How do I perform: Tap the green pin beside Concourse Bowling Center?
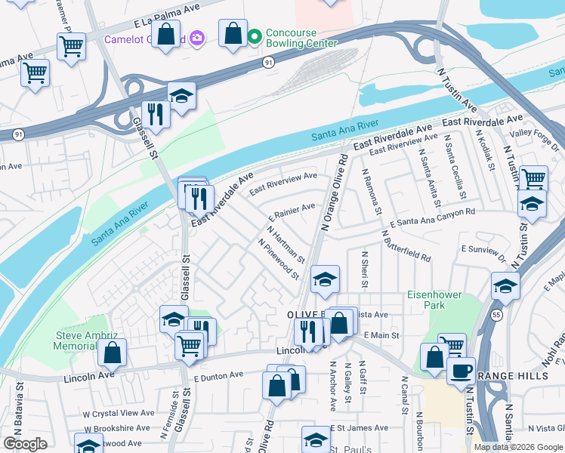pyautogui.click(x=255, y=35)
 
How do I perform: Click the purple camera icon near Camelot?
pyautogui.click(x=196, y=37)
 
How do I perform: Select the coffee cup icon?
pyautogui.click(x=461, y=370)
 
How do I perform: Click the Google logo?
pyautogui.click(x=26, y=444)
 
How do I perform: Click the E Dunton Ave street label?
pyautogui.click(x=219, y=375)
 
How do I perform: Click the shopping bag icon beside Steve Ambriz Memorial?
pyautogui.click(x=112, y=353)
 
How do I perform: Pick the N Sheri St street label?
pyautogui.click(x=364, y=270)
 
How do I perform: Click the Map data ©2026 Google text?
pyautogui.click(x=517, y=447)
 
